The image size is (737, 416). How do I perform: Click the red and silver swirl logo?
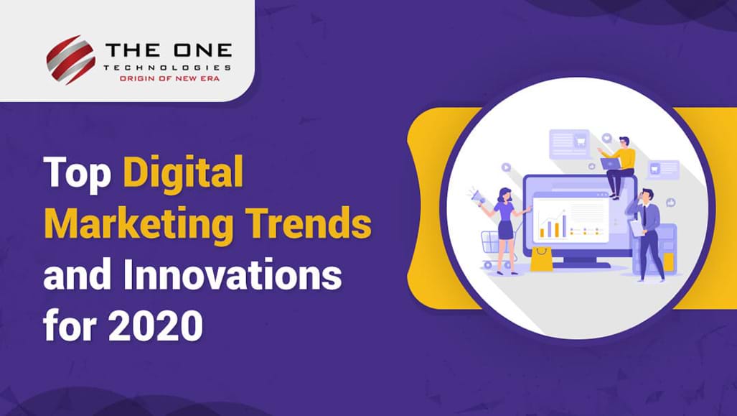pos(70,60)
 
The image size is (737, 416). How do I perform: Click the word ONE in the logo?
pos(202,50)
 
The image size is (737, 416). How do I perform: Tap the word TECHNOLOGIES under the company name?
pos(167,68)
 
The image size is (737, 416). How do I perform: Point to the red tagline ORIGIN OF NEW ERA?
pos(169,78)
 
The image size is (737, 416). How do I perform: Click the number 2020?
pos(156,325)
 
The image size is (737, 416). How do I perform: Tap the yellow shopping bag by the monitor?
pos(542,259)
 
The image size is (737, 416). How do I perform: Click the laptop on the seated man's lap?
pos(610,163)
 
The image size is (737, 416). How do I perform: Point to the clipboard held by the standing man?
pos(637,228)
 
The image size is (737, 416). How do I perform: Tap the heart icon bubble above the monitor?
pos(607,139)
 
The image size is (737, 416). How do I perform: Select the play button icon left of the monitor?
pos(506,167)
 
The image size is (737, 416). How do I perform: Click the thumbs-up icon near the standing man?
pos(670,203)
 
